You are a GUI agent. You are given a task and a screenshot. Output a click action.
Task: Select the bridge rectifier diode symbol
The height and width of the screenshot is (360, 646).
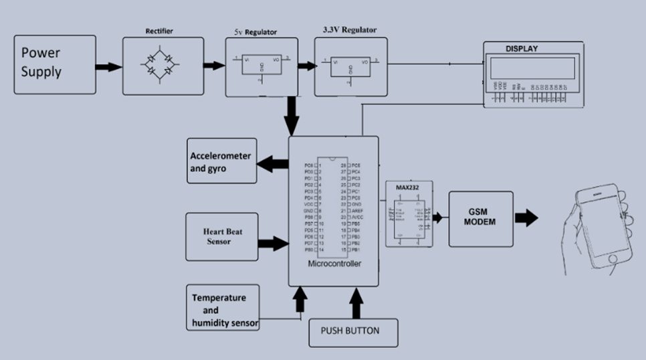(x=163, y=65)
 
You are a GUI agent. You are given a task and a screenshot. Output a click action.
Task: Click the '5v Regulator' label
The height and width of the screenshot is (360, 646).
(x=255, y=31)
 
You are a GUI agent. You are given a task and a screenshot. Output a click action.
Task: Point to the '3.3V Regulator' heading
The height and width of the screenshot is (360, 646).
(x=350, y=30)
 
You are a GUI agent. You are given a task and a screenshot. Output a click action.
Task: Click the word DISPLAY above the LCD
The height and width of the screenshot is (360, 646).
(x=521, y=48)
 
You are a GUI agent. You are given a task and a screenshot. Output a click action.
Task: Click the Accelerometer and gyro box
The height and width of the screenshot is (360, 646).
(x=221, y=162)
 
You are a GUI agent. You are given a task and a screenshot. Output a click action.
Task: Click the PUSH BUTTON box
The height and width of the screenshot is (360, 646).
(x=354, y=331)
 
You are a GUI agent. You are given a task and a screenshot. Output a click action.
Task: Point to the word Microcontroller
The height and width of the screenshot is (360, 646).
(x=334, y=264)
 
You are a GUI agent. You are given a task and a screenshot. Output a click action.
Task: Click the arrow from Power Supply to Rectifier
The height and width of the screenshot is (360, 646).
(x=108, y=66)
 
